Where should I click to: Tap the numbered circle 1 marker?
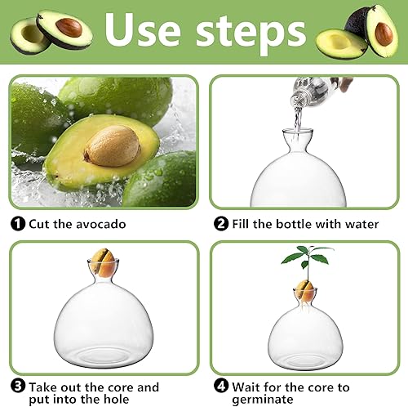tap(17, 223)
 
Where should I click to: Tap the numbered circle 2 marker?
tap(220, 223)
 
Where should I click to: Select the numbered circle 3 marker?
tap(17, 386)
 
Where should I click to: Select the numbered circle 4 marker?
tap(220, 386)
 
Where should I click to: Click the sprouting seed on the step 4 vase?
tap(304, 290)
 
